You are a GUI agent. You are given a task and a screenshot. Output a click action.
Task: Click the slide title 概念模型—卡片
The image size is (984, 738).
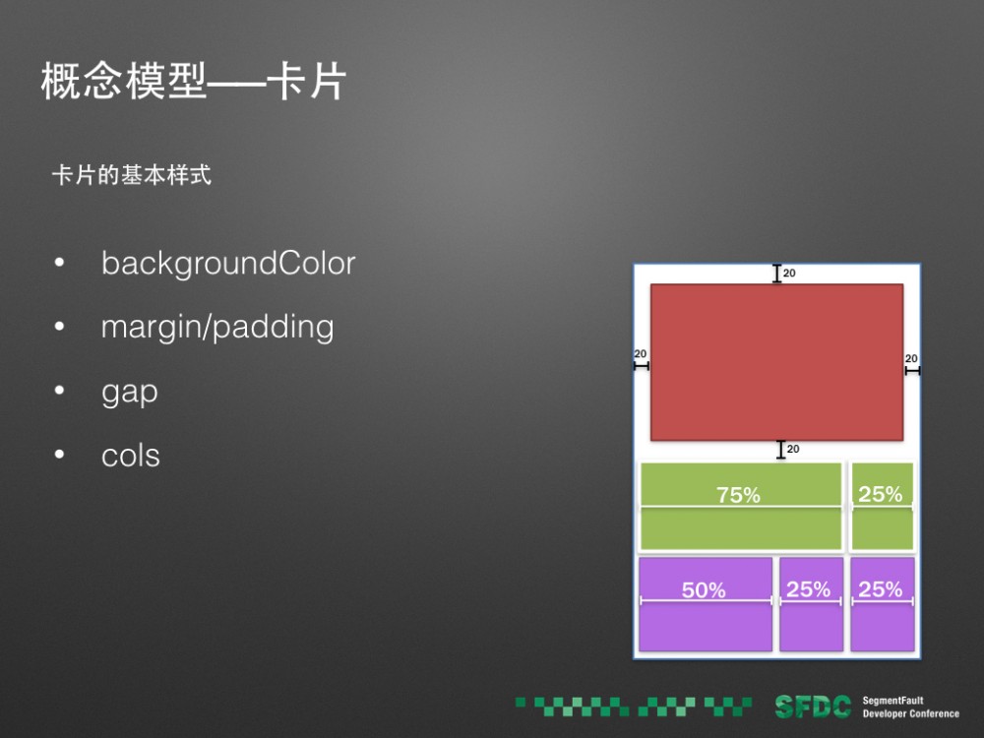[194, 84]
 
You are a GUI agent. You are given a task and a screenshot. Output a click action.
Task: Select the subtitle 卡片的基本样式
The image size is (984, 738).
[132, 177]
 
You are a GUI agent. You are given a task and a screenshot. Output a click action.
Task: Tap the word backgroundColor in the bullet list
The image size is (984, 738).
[227, 264]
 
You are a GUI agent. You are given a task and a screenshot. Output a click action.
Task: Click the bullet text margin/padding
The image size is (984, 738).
[217, 327]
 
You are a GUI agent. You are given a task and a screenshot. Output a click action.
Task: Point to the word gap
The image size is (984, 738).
[129, 392]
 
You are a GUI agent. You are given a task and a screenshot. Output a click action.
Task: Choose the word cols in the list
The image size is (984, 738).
[130, 456]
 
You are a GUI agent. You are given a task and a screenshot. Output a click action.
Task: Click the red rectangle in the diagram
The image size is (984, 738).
[776, 362]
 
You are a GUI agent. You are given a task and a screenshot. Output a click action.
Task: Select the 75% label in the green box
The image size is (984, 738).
[738, 496]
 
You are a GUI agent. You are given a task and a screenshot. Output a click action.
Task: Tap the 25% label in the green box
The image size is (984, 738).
[880, 494]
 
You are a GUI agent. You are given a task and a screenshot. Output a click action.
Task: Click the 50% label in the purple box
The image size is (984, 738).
[704, 590]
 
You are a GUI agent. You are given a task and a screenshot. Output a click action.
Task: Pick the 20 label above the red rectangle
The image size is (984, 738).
[789, 274]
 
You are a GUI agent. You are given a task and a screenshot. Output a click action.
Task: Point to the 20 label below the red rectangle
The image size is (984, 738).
[793, 450]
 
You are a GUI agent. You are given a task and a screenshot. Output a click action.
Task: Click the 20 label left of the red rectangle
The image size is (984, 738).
[640, 354]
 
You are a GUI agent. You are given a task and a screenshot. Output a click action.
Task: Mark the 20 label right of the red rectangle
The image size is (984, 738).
[911, 358]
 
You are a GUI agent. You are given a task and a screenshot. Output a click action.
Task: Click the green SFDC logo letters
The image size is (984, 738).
[812, 707]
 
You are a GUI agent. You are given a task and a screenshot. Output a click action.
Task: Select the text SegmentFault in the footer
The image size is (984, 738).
[892, 701]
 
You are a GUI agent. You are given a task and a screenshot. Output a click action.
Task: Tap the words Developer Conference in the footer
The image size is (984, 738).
[910, 713]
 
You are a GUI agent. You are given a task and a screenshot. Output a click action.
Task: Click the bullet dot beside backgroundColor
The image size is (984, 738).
[60, 265]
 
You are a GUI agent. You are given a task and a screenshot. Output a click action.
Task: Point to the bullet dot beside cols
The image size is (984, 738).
[60, 457]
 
